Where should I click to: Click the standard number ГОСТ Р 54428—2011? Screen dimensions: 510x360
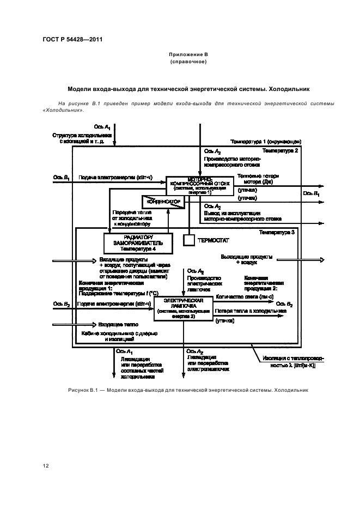tap(72, 39)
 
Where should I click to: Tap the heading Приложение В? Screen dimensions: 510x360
tap(188, 55)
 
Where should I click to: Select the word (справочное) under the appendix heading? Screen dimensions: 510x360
tap(188, 62)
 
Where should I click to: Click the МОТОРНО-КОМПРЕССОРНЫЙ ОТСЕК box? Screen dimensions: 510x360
tap(199, 185)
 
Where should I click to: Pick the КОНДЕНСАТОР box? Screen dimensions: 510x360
tap(163, 202)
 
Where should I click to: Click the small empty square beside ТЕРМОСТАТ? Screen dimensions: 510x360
tap(188, 240)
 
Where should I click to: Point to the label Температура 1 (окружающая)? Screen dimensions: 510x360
tap(266, 141)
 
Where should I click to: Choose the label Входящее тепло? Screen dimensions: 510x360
tap(115, 324)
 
